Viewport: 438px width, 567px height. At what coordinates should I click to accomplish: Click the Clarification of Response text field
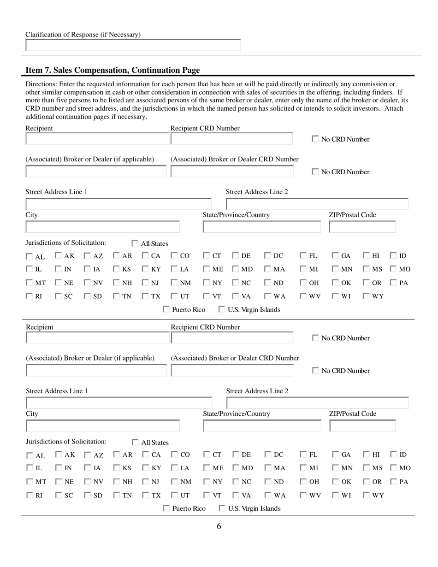click(x=133, y=45)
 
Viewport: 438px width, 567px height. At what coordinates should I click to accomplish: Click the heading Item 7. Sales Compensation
click(x=112, y=70)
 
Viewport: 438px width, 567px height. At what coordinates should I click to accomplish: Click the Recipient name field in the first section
click(x=97, y=139)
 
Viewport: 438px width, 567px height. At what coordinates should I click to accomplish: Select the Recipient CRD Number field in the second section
click(x=232, y=338)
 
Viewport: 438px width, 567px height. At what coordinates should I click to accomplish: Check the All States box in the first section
click(x=135, y=243)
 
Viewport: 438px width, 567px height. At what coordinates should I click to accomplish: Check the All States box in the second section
click(x=135, y=443)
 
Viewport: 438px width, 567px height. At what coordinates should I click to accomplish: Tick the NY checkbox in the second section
click(x=207, y=482)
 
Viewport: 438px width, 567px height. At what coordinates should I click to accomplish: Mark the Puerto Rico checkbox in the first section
click(x=167, y=310)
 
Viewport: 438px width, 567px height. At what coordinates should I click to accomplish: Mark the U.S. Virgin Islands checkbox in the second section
click(x=222, y=508)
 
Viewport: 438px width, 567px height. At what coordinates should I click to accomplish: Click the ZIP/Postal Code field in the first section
click(x=362, y=227)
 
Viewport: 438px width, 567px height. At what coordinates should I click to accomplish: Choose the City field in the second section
click(x=102, y=426)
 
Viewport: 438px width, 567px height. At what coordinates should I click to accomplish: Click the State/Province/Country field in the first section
click(x=261, y=227)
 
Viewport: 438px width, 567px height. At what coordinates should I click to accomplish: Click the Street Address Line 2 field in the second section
click(x=317, y=403)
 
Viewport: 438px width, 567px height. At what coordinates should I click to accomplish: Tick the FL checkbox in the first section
click(x=304, y=256)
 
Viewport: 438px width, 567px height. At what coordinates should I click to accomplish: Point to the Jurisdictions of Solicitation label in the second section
click(x=66, y=442)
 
